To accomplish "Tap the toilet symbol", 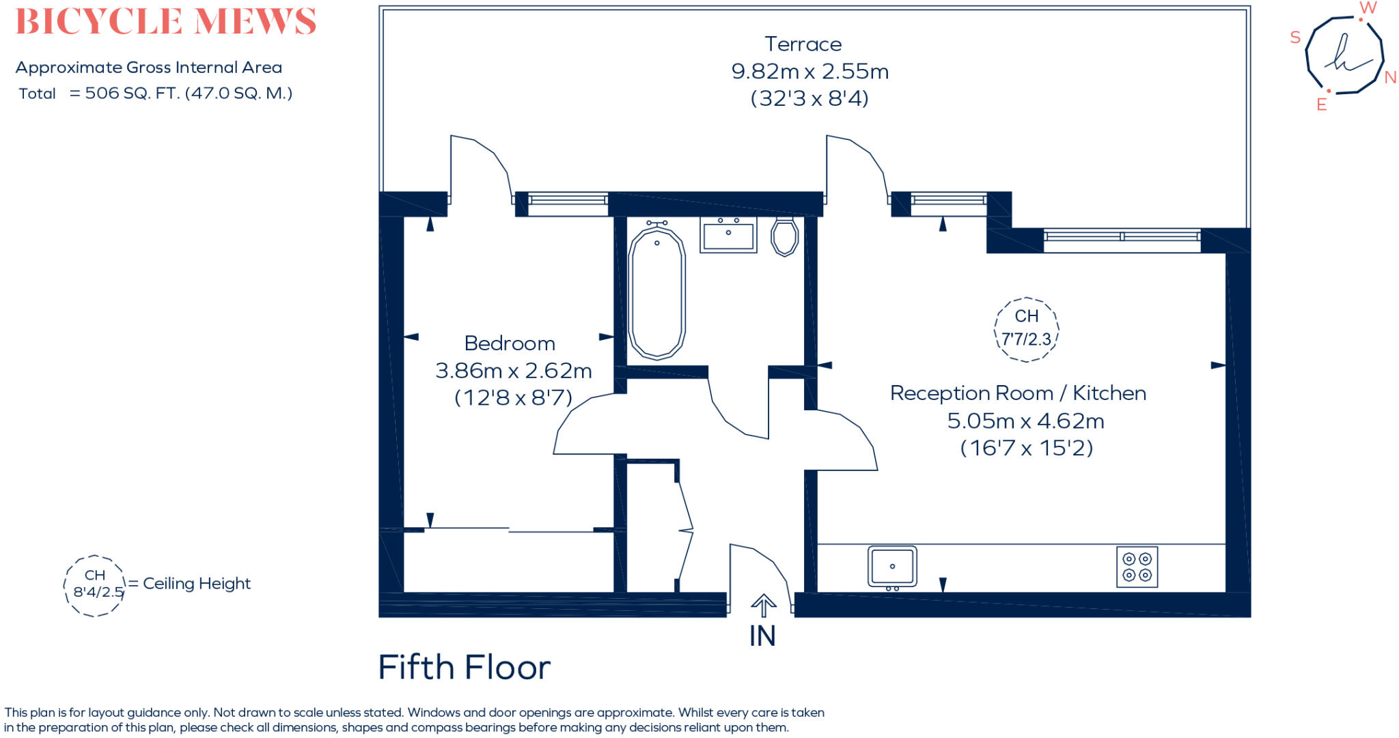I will [784, 238].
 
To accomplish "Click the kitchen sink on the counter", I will [892, 567].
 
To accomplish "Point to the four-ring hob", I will [1137, 567].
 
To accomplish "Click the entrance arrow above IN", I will [763, 605].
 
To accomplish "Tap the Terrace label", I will [803, 44].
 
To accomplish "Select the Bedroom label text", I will [510, 343].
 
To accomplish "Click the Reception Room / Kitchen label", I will [1018, 393].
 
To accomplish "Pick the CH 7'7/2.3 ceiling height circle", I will [1026, 329].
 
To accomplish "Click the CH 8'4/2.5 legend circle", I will [95, 585].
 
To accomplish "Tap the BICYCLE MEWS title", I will [166, 21].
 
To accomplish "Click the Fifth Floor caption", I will [464, 667].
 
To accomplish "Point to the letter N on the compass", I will [1389, 77].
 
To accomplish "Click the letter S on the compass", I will [1294, 38].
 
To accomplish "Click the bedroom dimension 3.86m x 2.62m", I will [513, 371].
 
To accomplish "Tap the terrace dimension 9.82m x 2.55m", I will [809, 72].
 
